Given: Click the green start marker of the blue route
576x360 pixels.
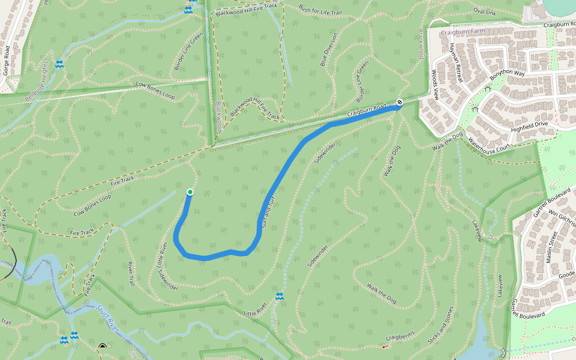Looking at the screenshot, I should point(190,192).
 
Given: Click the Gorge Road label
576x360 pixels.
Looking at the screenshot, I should point(6,59).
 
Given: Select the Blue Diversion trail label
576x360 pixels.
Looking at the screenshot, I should point(329,49).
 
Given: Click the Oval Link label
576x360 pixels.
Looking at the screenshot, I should point(485,11).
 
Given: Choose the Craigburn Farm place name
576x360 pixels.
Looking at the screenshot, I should point(461,32).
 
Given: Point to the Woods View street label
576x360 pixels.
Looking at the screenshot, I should point(435,85).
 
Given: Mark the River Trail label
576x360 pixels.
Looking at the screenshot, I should point(130,274).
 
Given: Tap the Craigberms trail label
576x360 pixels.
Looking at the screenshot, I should point(400,338).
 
